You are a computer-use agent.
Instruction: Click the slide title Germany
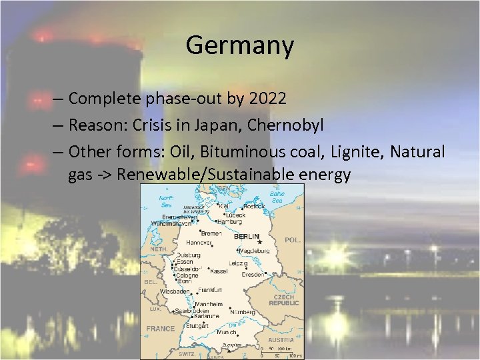click(x=239, y=45)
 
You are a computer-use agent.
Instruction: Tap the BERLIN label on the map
click(x=245, y=236)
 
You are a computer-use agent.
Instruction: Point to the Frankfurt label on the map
click(x=210, y=290)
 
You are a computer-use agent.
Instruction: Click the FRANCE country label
click(x=161, y=329)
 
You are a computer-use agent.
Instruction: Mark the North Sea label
click(x=166, y=201)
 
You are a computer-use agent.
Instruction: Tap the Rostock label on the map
click(x=254, y=205)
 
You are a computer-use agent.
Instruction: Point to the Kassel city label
click(x=219, y=271)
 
